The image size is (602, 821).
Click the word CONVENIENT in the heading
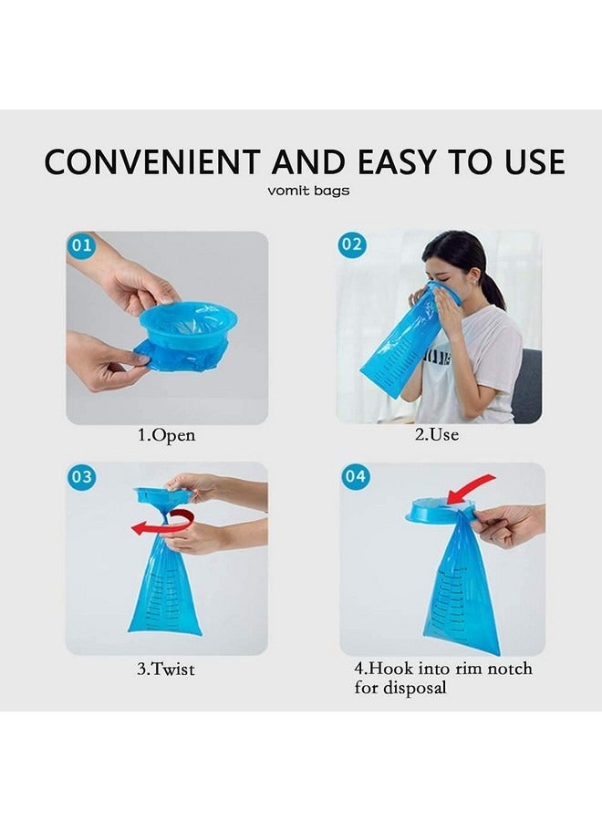[x=151, y=161]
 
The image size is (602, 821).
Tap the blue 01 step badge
[x=80, y=245]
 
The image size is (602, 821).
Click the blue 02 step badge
[x=351, y=244]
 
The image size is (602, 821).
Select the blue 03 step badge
[x=81, y=476]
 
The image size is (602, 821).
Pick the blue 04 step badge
[x=355, y=476]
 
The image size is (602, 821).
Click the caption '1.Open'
[x=166, y=436]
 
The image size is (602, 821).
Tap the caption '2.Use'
[x=436, y=435]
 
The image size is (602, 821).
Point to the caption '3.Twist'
[x=166, y=669]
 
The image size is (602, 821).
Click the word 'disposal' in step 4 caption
[x=400, y=688]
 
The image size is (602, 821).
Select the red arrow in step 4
[x=471, y=488]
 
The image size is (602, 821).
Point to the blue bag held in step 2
[x=401, y=347]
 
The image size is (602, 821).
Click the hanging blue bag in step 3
[x=165, y=588]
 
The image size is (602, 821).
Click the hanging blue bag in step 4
[x=461, y=593]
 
